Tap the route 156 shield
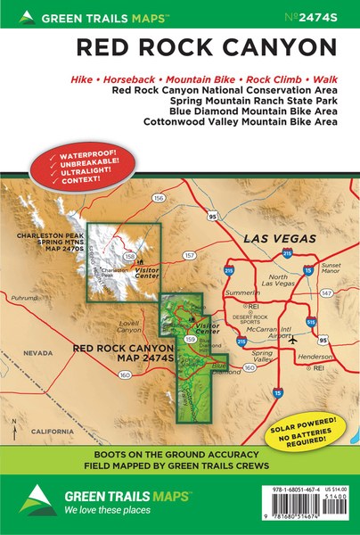coord(160,198)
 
